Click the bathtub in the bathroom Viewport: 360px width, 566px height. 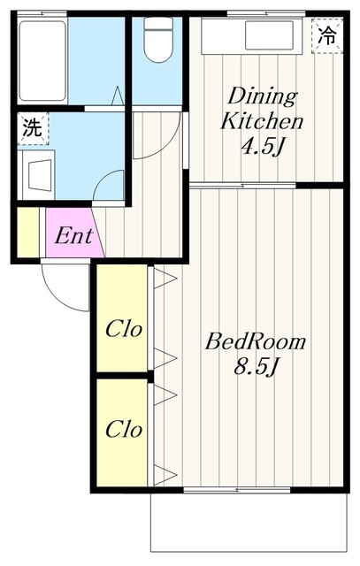coord(42,60)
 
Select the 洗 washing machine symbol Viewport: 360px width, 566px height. coord(32,127)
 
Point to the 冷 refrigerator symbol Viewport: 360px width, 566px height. coord(327,36)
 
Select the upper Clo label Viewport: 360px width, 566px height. coord(125,330)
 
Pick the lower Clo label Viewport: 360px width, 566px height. coord(125,430)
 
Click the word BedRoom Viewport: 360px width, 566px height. coord(256,341)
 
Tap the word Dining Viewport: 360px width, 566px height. coord(263,95)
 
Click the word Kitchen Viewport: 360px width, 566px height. coord(263,120)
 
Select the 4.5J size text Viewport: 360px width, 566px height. coord(263,146)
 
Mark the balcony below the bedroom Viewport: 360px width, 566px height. coord(248,526)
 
